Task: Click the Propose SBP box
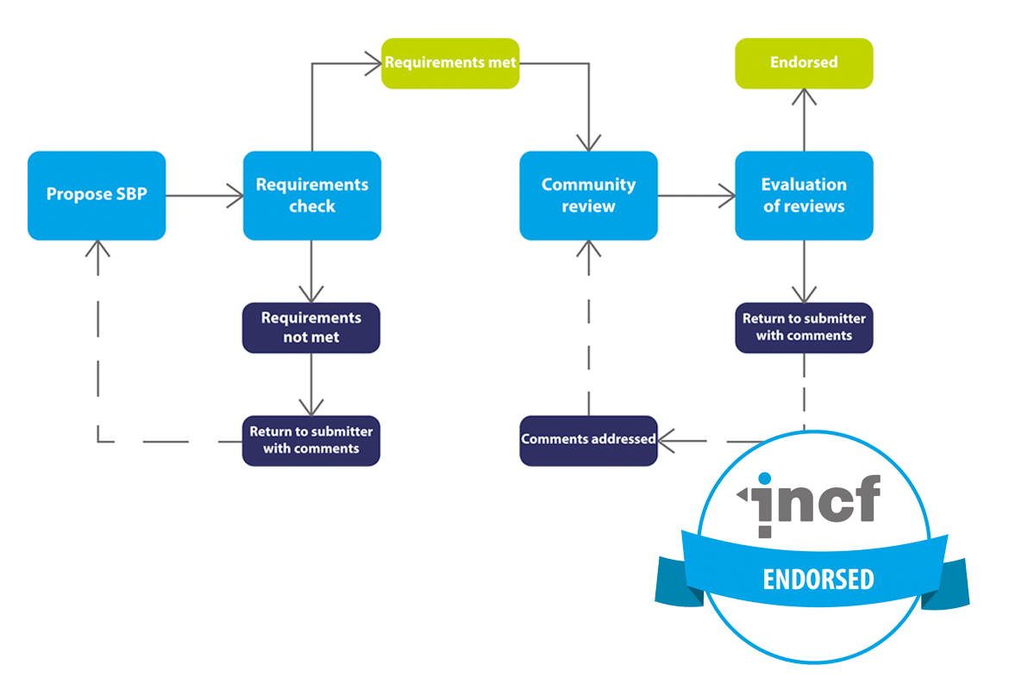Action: (97, 195)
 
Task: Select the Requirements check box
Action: (311, 195)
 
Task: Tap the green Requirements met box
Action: (450, 63)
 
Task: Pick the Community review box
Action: (588, 195)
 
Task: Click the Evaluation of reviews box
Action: (804, 195)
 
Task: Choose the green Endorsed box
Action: (804, 63)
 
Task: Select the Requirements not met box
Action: (310, 327)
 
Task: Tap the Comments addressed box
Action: (588, 440)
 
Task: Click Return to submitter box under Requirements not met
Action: (310, 440)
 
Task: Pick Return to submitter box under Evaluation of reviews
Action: (804, 327)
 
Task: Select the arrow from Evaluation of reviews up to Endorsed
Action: (804, 120)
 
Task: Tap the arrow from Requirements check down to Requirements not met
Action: (311, 271)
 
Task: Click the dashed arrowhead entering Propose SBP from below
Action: (98, 250)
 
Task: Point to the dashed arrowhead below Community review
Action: (589, 250)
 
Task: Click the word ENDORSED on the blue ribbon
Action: (818, 579)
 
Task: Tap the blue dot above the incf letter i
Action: (762, 479)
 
